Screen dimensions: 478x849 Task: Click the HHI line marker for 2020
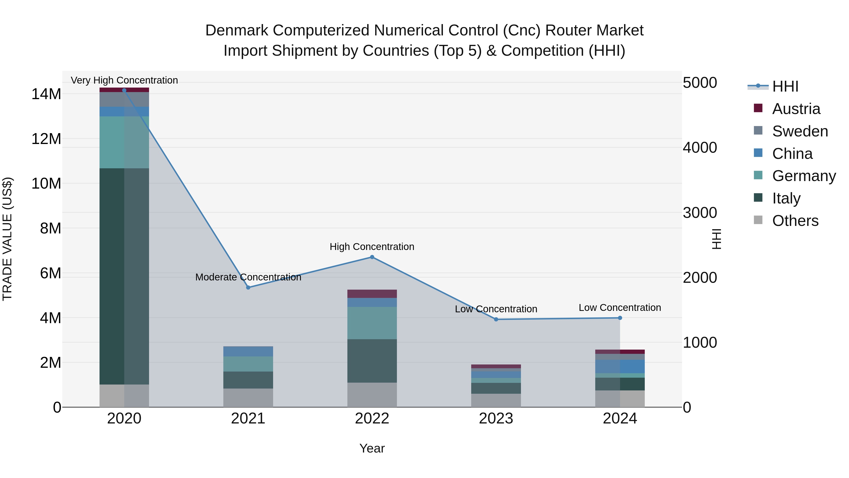tap(124, 90)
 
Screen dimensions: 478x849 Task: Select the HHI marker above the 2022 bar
tap(372, 257)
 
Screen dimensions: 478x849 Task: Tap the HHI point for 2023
tap(496, 319)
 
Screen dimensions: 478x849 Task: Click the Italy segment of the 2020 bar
tap(124, 276)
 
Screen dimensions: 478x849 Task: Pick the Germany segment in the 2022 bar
tap(372, 323)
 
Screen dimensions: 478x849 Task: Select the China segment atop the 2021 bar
tap(248, 351)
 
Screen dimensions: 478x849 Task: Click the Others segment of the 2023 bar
tap(496, 400)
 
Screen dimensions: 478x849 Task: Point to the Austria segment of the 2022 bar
tap(372, 294)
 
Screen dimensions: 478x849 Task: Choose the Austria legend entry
tap(796, 109)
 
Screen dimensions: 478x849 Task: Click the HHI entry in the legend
tap(785, 86)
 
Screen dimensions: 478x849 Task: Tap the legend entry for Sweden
tap(800, 131)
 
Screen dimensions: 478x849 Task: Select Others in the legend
tap(795, 221)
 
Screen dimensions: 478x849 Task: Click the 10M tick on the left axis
tap(46, 183)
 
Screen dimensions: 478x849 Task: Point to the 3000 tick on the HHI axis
tap(700, 213)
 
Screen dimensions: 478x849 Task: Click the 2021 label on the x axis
tap(248, 419)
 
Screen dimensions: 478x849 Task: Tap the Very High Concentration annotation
tap(124, 80)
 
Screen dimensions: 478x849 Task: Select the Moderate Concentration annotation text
tap(248, 277)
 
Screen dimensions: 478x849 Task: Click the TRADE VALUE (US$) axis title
tap(7, 239)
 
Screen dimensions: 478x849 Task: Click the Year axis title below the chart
tap(372, 448)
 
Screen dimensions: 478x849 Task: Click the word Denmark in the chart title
tap(237, 30)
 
